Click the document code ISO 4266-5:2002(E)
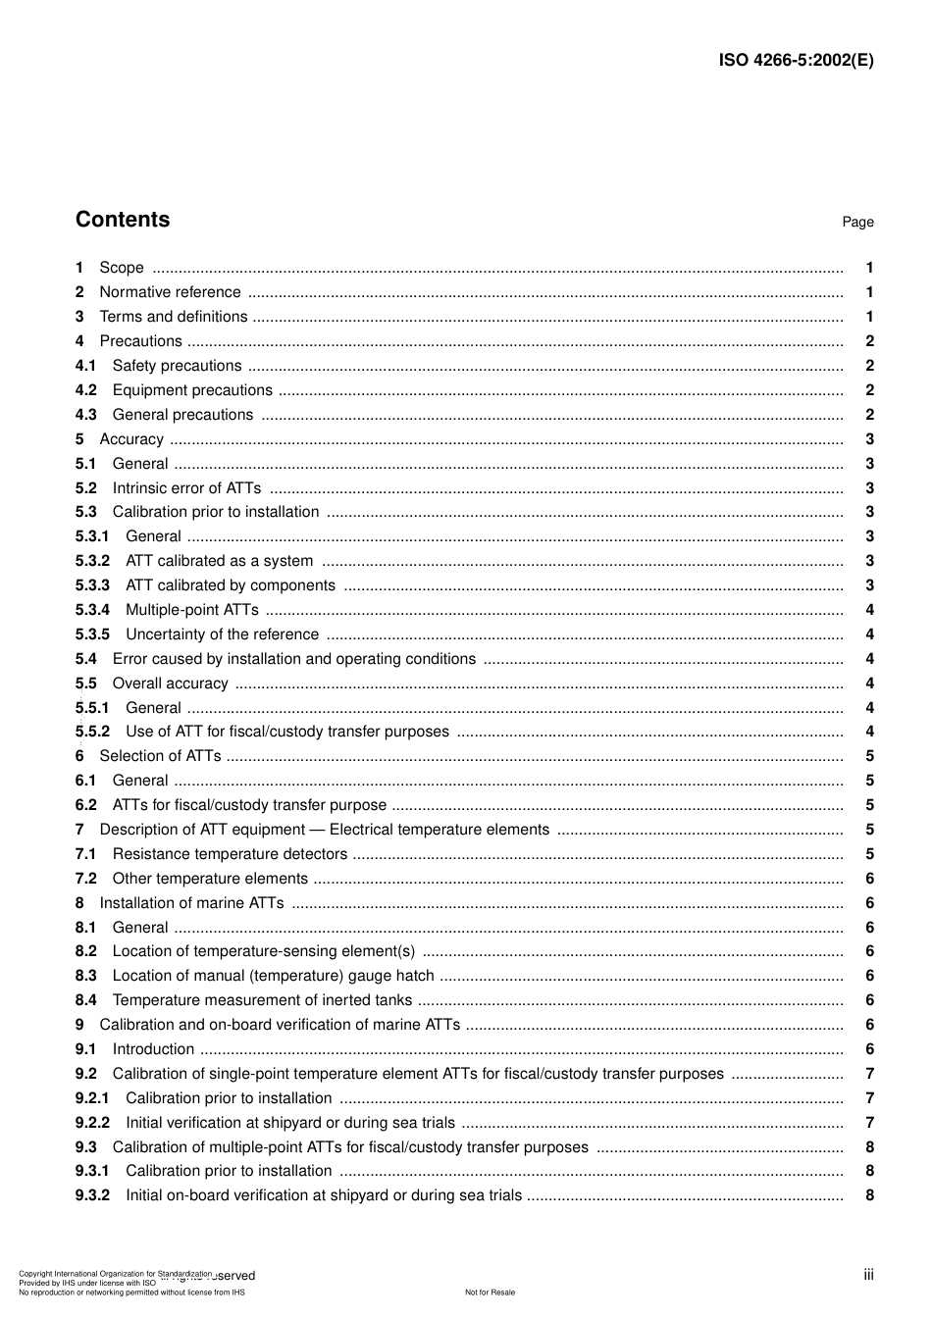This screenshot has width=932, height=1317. [796, 60]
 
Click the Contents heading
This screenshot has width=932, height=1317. [123, 220]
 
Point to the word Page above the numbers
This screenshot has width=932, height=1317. [857, 223]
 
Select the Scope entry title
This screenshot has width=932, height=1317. [122, 268]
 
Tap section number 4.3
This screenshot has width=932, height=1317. [86, 415]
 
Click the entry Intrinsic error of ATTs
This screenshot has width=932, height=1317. [186, 488]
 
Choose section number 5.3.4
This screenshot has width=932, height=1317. [92, 610]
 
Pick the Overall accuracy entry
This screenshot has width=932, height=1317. [170, 684]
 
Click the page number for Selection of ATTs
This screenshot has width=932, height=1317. [869, 756]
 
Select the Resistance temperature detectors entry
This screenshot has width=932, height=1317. [230, 854]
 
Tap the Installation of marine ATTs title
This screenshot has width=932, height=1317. [191, 903]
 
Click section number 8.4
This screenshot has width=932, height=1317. [86, 1000]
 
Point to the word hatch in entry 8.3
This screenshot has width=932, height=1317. [414, 976]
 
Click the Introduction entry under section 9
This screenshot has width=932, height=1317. [153, 1049]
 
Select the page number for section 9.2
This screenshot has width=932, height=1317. [869, 1074]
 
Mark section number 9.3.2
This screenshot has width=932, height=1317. [92, 1195]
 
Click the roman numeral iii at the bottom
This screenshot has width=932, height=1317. [868, 1275]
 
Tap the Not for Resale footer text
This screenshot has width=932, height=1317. [490, 1292]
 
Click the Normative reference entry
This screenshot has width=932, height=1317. [170, 292]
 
